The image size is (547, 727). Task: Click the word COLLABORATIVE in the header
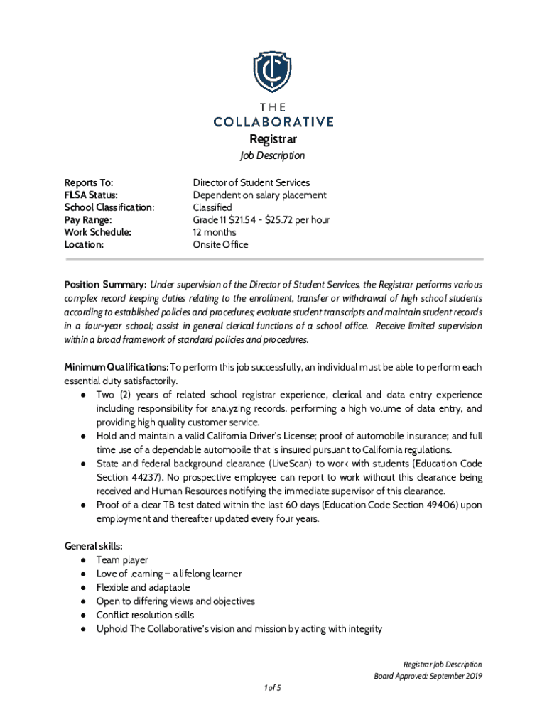click(x=273, y=121)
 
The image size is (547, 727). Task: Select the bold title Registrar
click(x=273, y=139)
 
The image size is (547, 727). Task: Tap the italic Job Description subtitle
click(x=273, y=155)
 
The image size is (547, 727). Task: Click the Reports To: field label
click(x=89, y=182)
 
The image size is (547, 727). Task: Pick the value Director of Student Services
click(x=251, y=182)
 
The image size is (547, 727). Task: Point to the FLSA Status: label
click(x=92, y=195)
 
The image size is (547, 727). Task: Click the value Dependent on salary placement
click(x=259, y=195)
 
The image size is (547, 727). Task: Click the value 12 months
click(x=215, y=232)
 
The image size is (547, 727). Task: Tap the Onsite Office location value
click(x=221, y=245)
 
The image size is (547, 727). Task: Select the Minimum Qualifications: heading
click(x=117, y=367)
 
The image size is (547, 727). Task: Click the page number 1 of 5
click(x=273, y=688)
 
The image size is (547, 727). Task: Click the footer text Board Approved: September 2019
click(x=428, y=676)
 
